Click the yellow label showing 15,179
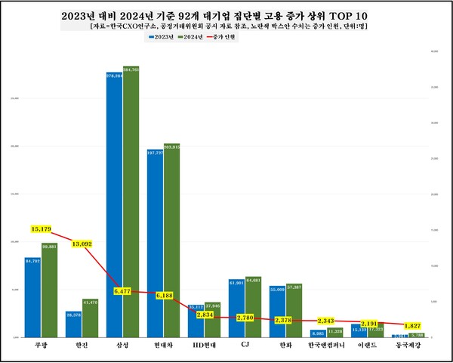[x=43, y=228]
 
